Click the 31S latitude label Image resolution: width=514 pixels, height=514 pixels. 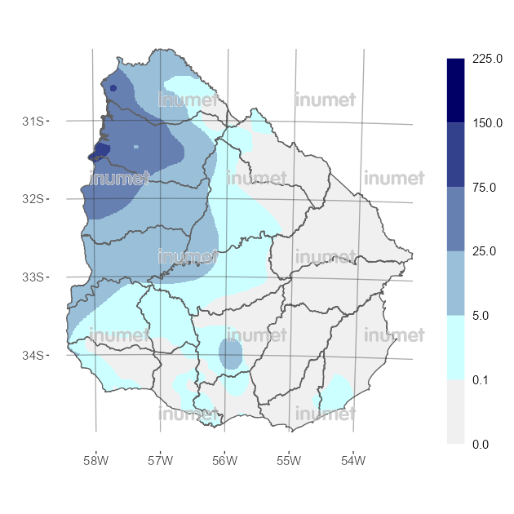click(x=32, y=121)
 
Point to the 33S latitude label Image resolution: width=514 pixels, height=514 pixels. click(x=32, y=277)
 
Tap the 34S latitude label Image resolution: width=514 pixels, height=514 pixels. click(x=32, y=355)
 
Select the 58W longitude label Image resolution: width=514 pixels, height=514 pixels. click(x=95, y=460)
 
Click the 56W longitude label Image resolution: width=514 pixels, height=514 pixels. click(x=224, y=460)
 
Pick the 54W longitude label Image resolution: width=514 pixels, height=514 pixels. click(x=352, y=460)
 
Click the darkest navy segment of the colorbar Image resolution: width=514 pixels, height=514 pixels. click(x=456, y=91)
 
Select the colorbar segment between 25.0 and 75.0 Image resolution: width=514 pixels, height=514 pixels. click(x=456, y=219)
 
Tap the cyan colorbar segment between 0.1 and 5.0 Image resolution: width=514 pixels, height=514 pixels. click(x=456, y=348)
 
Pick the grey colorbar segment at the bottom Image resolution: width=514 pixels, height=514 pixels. click(x=456, y=412)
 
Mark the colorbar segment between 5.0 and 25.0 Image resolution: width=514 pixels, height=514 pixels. click(x=456, y=283)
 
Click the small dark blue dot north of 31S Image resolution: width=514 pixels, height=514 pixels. click(x=113, y=87)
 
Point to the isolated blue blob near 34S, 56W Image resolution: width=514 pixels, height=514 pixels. click(x=230, y=354)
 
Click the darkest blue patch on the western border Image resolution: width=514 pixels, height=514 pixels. click(x=100, y=150)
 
